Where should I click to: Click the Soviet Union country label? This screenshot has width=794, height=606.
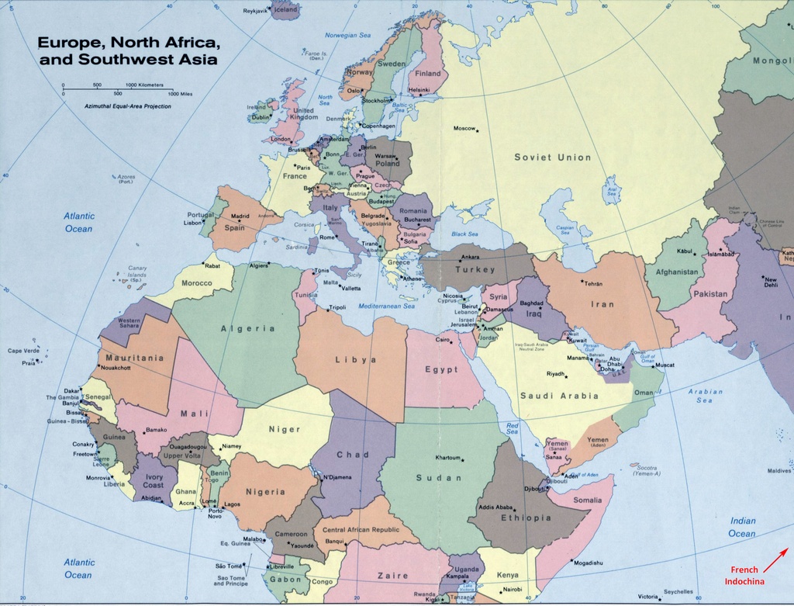(x=552, y=158)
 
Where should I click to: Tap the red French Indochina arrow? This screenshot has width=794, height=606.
(x=776, y=559)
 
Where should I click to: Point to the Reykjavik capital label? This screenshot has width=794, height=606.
(x=255, y=11)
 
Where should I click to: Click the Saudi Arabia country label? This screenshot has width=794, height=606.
(x=559, y=396)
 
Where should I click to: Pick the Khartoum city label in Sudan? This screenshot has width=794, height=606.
(x=448, y=458)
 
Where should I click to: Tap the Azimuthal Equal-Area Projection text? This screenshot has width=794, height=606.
(x=128, y=106)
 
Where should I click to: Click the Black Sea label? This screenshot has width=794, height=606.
(x=464, y=234)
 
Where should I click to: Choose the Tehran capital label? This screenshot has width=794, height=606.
(x=592, y=284)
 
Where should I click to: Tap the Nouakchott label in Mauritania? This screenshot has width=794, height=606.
(x=116, y=368)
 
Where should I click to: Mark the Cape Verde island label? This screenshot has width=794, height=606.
(x=23, y=351)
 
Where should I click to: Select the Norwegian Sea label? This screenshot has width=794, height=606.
(x=347, y=35)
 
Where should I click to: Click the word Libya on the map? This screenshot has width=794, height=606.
(x=356, y=360)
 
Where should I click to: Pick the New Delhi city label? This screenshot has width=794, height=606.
(x=770, y=282)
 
